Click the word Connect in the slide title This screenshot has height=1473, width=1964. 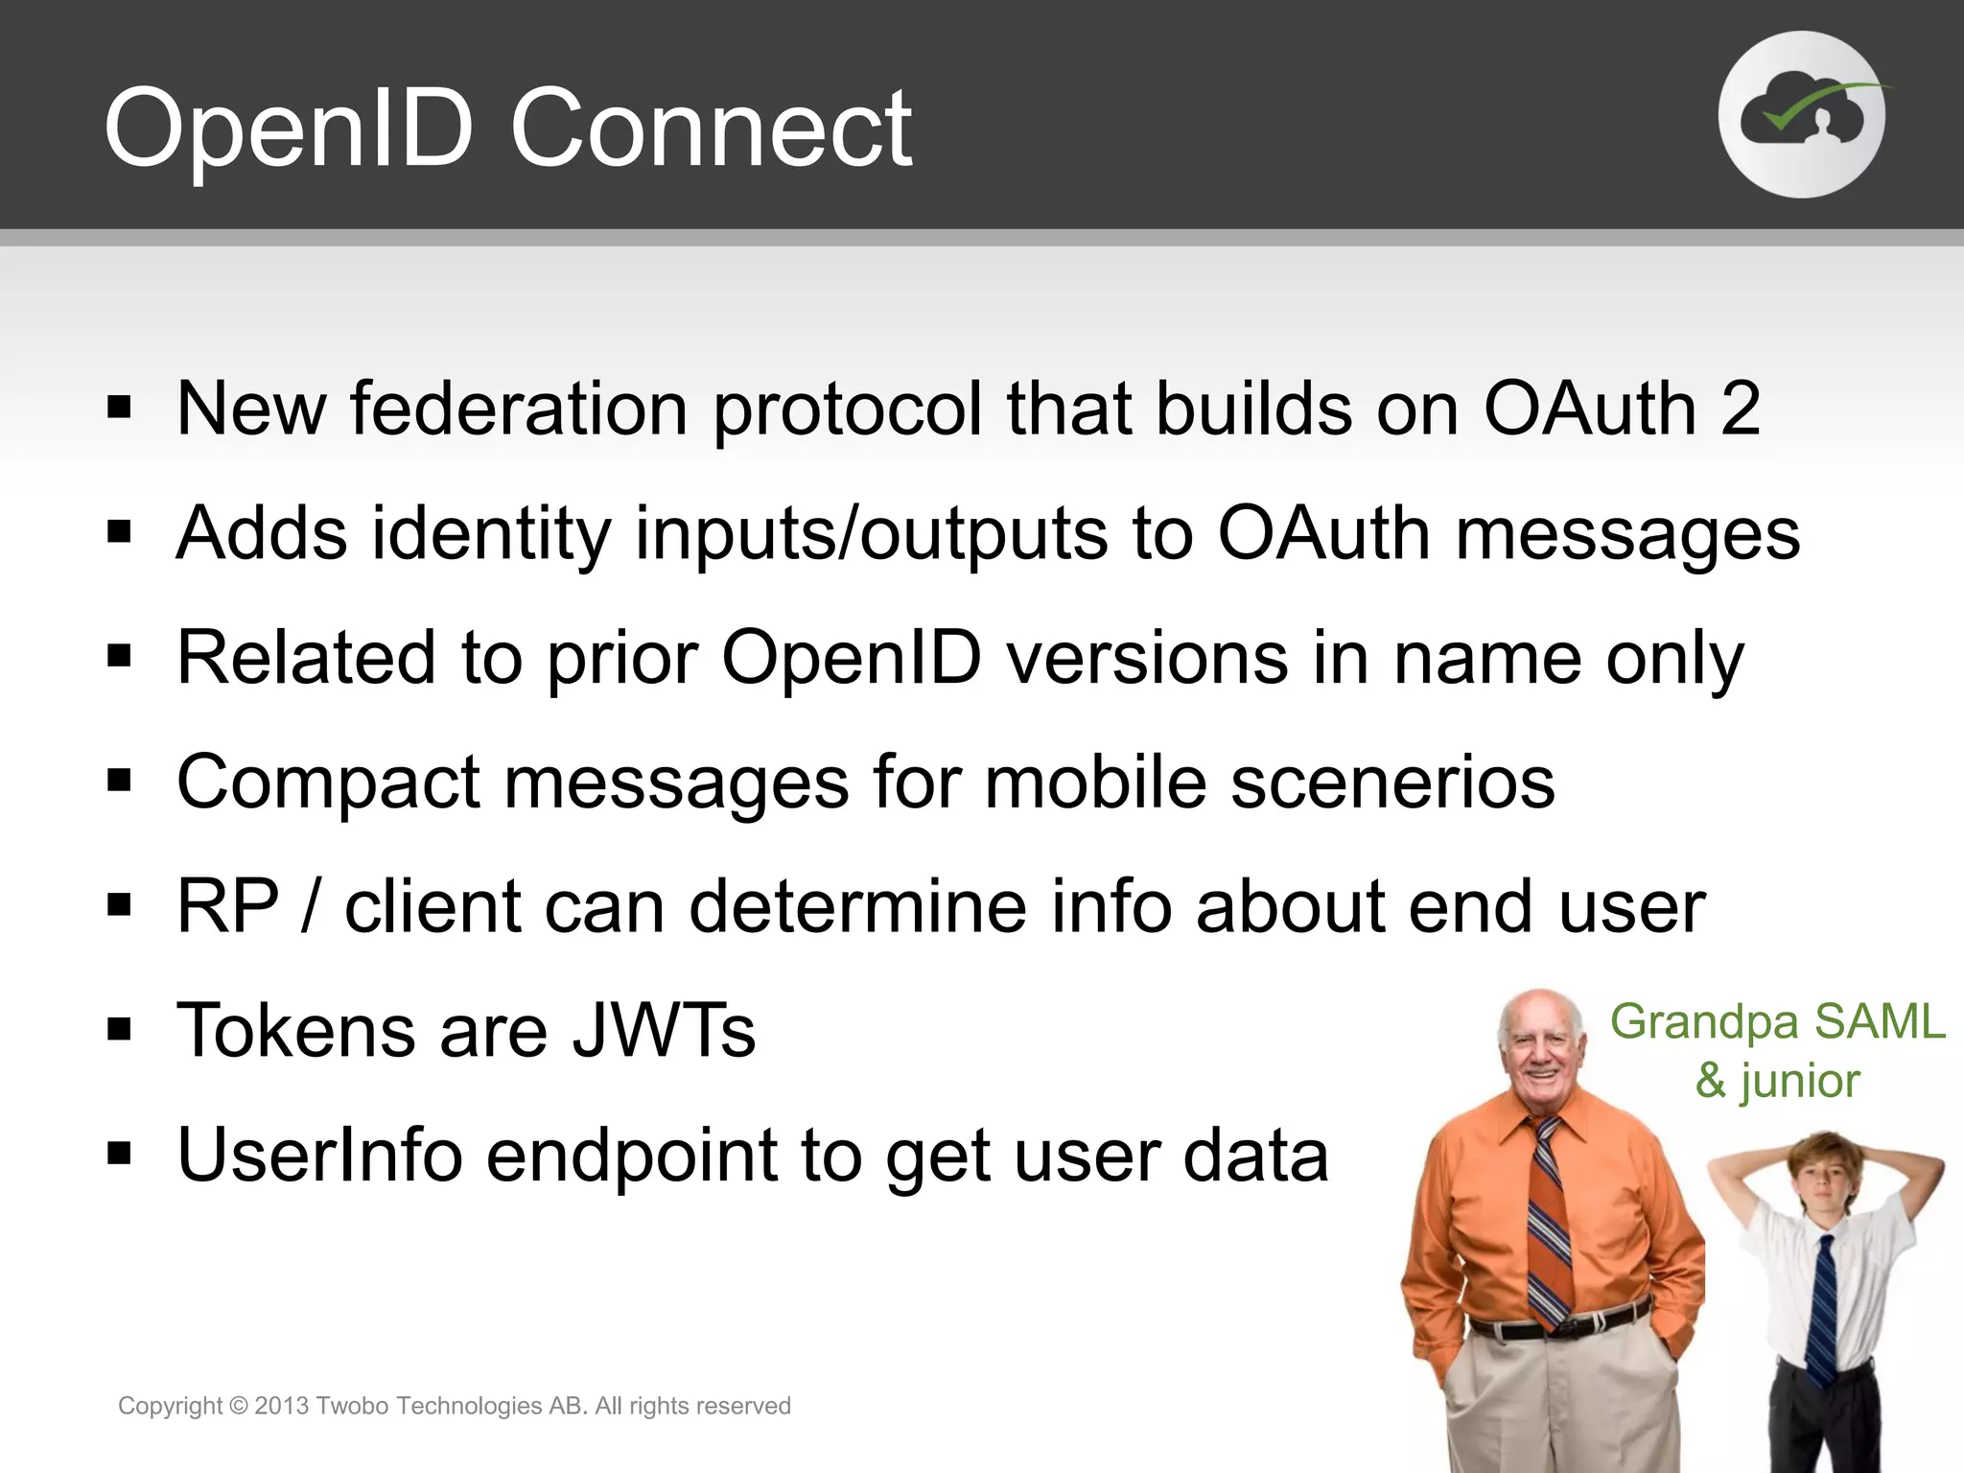click(711, 129)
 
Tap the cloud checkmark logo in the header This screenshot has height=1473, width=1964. click(1801, 115)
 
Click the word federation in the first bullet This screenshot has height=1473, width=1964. click(519, 409)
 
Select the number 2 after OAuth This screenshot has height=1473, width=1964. click(1740, 409)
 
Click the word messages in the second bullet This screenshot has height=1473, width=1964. click(1627, 533)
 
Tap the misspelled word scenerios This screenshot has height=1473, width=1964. click(1392, 783)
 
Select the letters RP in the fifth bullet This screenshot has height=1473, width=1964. click(228, 906)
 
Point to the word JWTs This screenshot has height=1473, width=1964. click(664, 1031)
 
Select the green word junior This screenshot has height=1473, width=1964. click(1800, 1082)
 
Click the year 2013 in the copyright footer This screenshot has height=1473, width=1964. click(281, 1406)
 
